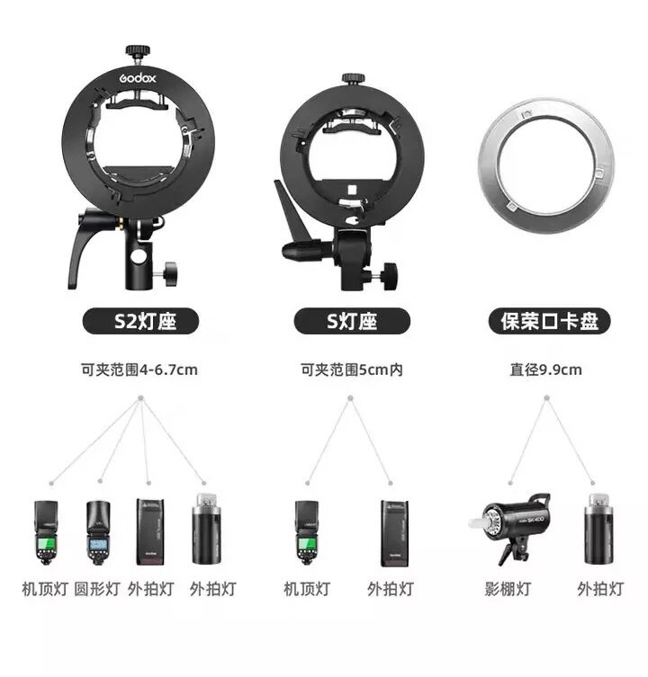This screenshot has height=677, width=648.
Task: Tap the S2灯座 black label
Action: pyautogui.click(x=142, y=321)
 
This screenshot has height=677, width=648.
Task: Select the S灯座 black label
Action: pyautogui.click(x=352, y=321)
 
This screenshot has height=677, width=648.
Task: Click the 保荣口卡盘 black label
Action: pyautogui.click(x=549, y=321)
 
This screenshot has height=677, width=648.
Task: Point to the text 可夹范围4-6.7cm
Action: pyautogui.click(x=139, y=369)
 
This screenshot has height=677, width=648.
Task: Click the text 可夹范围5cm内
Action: pyautogui.click(x=351, y=369)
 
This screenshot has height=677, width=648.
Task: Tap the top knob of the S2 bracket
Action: pyautogui.click(x=137, y=47)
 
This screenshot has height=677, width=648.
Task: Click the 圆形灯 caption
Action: pyautogui.click(x=96, y=590)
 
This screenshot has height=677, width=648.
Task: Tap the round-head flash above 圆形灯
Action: pyautogui.click(x=96, y=532)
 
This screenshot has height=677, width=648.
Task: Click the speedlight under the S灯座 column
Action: pyautogui.click(x=308, y=532)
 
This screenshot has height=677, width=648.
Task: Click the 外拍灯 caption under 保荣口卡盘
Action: pyautogui.click(x=599, y=590)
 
